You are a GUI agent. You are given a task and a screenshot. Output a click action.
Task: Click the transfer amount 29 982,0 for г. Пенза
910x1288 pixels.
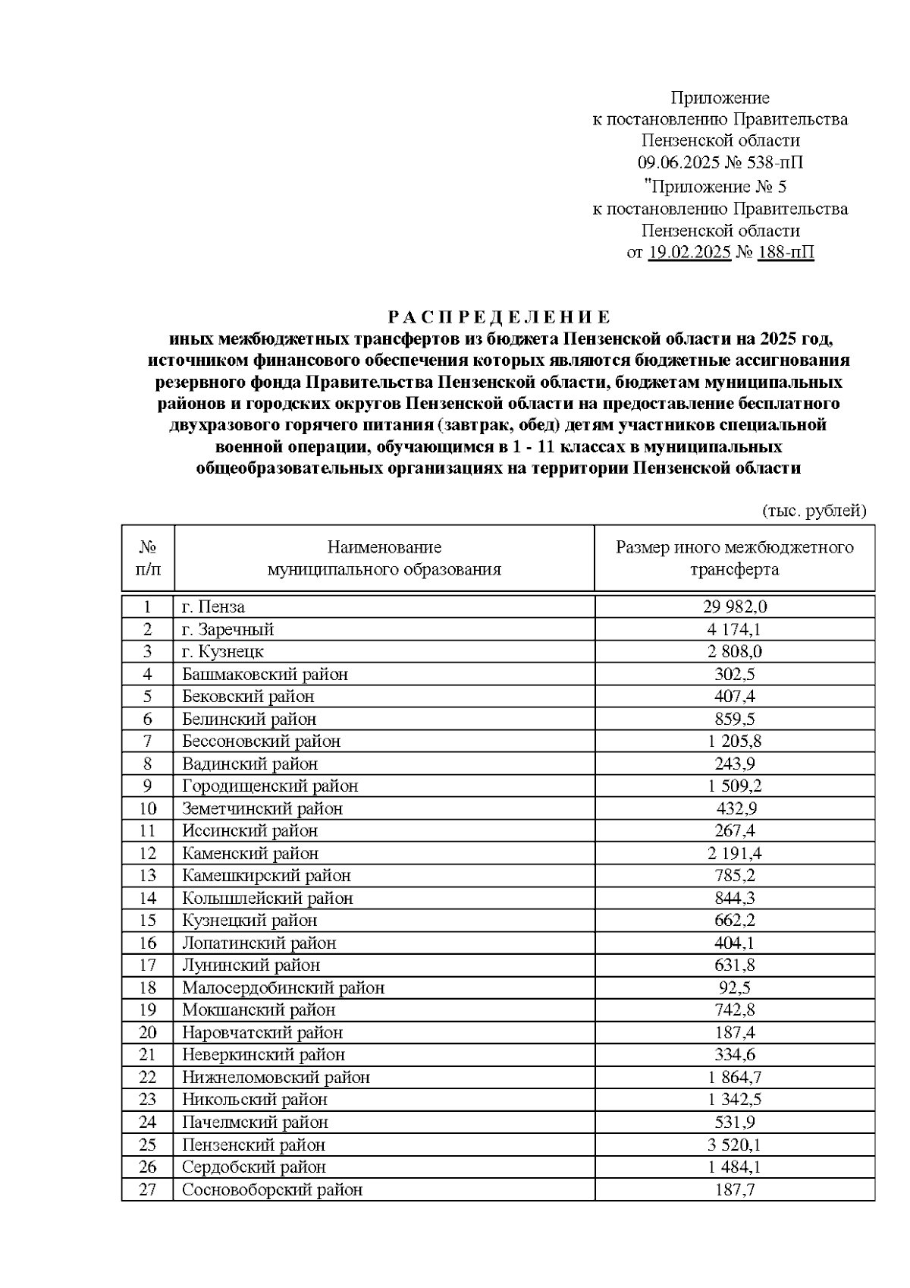[x=734, y=607]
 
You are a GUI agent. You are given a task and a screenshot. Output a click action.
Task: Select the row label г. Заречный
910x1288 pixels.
[x=227, y=630]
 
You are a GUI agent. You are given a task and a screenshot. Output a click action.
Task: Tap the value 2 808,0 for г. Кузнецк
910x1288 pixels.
[x=734, y=652]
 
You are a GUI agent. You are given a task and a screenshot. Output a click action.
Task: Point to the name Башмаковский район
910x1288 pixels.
[x=265, y=675]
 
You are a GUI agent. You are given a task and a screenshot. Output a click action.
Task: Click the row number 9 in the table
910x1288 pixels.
[x=148, y=786]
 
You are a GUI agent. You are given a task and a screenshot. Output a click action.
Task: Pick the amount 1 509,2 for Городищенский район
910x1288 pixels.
[x=734, y=786]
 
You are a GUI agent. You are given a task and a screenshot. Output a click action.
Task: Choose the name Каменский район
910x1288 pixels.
[x=250, y=854]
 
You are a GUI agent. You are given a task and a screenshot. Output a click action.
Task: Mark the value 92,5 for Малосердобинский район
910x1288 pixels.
[x=734, y=988]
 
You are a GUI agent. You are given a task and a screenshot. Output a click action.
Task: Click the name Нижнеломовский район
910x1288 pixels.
[x=276, y=1078]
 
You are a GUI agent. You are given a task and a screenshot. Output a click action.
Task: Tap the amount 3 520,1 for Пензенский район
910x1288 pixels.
[x=734, y=1145]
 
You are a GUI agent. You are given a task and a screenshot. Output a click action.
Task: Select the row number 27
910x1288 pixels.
[x=148, y=1190]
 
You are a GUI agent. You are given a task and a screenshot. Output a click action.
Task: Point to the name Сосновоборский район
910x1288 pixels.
[x=272, y=1190]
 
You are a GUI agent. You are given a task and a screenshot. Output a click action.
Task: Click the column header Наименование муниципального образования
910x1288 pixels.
[x=384, y=559]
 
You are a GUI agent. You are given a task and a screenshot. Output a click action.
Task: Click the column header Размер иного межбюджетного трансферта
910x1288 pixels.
[x=734, y=559]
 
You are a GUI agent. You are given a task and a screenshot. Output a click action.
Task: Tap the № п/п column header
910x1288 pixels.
[x=148, y=559]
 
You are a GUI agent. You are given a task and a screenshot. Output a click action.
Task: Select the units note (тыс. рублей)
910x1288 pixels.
[x=813, y=512]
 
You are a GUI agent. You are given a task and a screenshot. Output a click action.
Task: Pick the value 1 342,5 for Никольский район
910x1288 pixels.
[x=734, y=1101]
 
